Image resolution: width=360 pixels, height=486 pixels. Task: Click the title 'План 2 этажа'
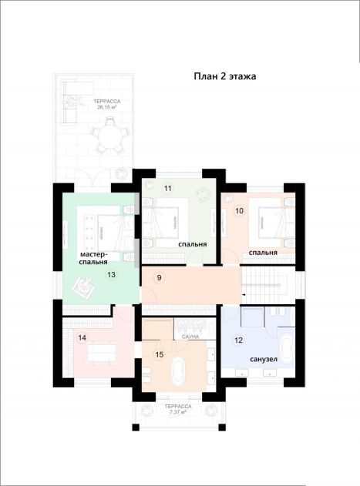[x=225, y=76]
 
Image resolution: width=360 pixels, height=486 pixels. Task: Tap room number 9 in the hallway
[x=160, y=278]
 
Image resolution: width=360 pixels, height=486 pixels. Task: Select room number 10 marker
[x=239, y=211]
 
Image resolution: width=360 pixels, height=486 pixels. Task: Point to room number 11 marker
[x=168, y=189]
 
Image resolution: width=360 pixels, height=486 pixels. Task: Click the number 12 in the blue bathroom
[x=238, y=340]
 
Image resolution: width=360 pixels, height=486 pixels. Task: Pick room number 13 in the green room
[x=112, y=275]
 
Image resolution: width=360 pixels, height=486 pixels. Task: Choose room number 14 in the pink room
[x=82, y=337]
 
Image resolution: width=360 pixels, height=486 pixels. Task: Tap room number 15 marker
[x=160, y=354]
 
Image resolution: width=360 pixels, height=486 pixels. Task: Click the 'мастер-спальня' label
[x=94, y=258]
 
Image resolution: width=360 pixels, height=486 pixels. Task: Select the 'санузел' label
[x=264, y=360]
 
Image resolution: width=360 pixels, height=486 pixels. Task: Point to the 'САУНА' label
[x=190, y=337]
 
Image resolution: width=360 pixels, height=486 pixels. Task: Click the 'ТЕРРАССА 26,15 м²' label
[x=107, y=105]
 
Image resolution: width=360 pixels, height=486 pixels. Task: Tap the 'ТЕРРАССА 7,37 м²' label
[x=178, y=409]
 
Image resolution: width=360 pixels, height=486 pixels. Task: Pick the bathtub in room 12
[x=288, y=347]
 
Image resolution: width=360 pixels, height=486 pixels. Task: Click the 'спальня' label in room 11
[x=193, y=244]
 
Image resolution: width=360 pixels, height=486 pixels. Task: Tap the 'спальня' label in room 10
[x=263, y=253]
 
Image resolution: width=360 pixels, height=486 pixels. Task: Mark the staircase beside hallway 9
[x=268, y=285]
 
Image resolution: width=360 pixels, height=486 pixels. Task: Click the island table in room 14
[x=102, y=354]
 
